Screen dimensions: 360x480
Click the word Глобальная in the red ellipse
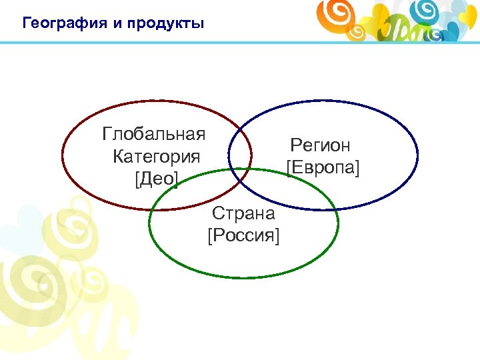pyautogui.click(x=153, y=134)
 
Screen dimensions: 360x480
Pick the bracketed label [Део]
pyautogui.click(x=156, y=179)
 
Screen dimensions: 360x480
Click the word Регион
pyautogui.click(x=320, y=145)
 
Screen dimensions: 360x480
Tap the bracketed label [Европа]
pyautogui.click(x=323, y=167)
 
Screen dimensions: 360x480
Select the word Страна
pyautogui.click(x=243, y=214)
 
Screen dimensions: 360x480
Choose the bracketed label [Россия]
pyautogui.click(x=243, y=236)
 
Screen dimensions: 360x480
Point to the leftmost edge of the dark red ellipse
pyautogui.click(x=63, y=155)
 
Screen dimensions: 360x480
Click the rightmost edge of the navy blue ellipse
pyautogui.click(x=417, y=155)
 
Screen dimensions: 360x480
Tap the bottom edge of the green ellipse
pyautogui.click(x=243, y=277)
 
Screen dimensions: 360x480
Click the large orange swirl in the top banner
pyautogui.click(x=334, y=13)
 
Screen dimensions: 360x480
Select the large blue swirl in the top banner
pyautogui.click(x=424, y=11)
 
